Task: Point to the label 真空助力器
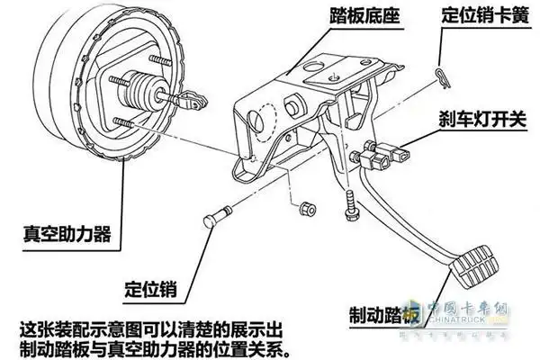(x=67, y=235)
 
